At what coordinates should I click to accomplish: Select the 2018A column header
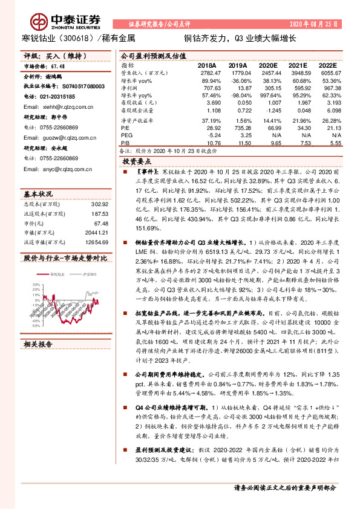pos(206,64)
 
